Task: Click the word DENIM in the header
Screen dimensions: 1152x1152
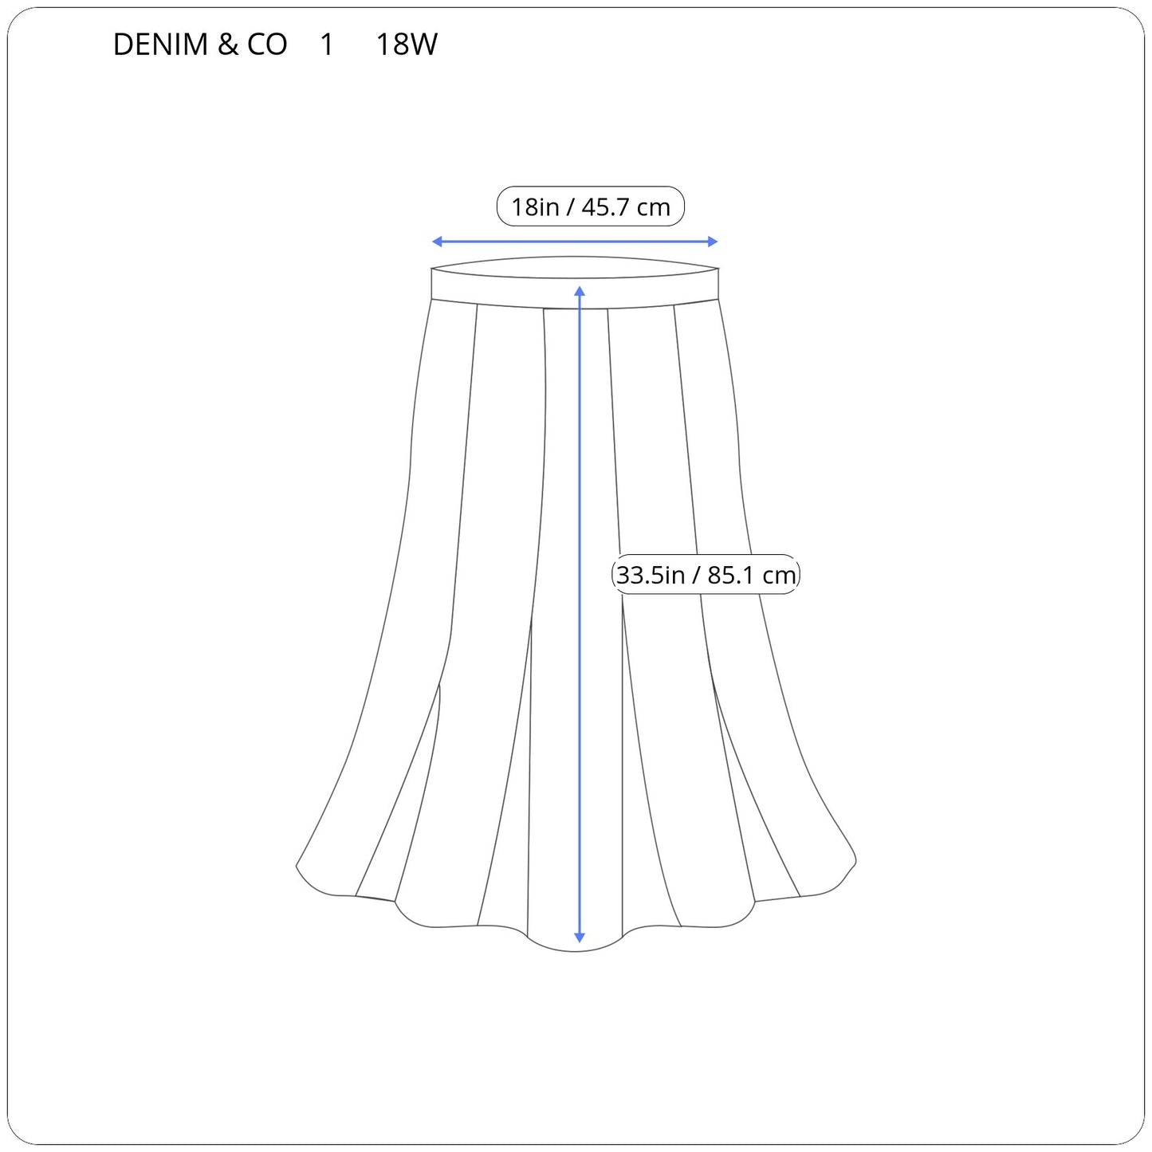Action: (160, 44)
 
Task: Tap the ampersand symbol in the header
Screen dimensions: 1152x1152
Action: (227, 44)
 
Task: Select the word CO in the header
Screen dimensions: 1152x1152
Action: (267, 44)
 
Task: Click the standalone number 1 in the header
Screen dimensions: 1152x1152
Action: (326, 44)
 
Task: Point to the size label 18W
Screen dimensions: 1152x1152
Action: (407, 44)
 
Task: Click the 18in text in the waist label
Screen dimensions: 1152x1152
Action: (535, 206)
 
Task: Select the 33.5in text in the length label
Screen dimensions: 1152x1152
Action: (651, 575)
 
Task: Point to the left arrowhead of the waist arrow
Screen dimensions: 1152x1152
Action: (436, 242)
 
